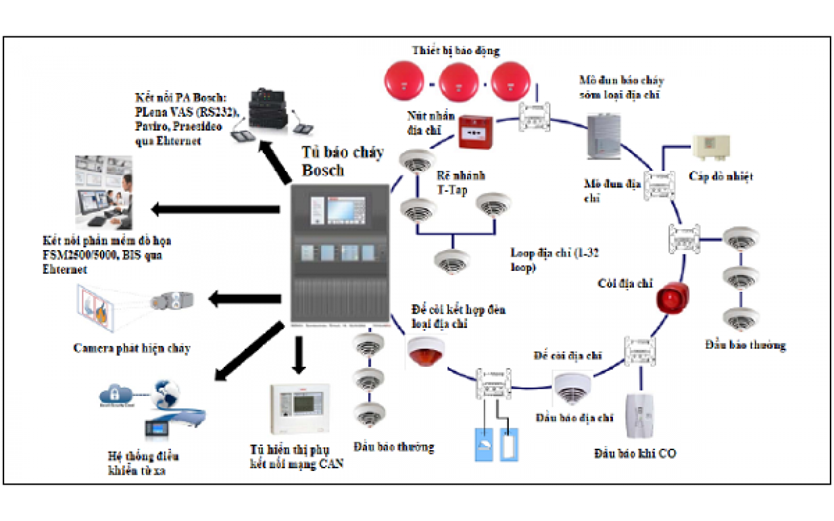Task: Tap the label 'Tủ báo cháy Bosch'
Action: pos(341,161)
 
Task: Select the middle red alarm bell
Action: pos(458,82)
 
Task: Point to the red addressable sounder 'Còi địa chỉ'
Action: pos(673,298)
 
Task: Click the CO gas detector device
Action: pos(640,415)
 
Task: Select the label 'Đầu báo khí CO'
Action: pos(635,454)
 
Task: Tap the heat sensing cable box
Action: pos(711,146)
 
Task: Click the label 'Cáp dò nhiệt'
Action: pos(721,176)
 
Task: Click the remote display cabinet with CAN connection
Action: pos(300,407)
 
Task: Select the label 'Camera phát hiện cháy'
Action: pos(132,348)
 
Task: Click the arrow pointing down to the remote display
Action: pos(299,355)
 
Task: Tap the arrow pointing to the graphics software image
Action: pos(215,209)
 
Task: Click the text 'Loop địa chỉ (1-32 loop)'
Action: pos(554,260)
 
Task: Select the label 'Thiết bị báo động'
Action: pos(456,51)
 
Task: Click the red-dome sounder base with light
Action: pos(426,351)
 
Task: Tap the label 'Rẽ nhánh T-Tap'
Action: pos(460,183)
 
